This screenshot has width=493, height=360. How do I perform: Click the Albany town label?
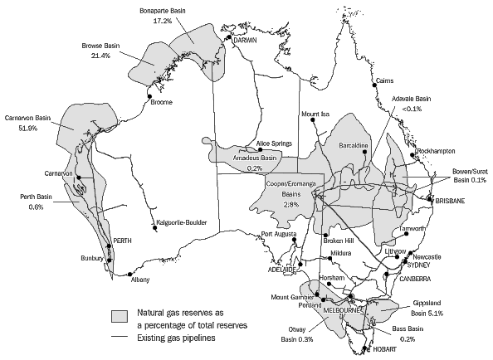coord(142,280)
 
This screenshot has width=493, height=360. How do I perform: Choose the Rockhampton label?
coord(437,150)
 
